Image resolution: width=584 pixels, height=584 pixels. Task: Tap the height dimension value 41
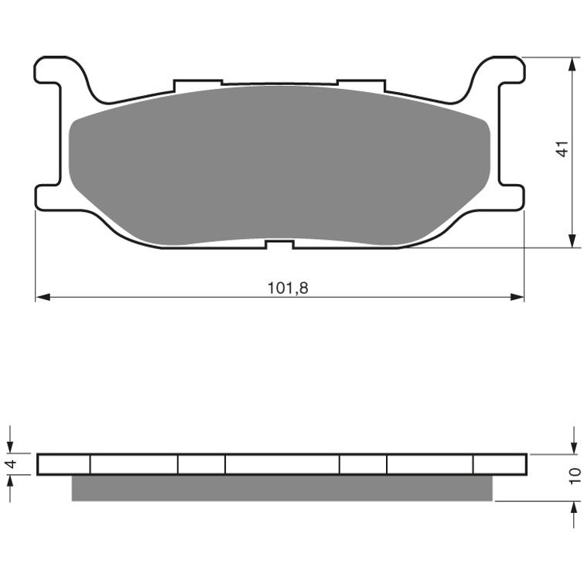coord(564,149)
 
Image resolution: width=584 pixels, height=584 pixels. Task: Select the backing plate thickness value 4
coord(10,464)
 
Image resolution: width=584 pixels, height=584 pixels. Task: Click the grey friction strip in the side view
coord(282,488)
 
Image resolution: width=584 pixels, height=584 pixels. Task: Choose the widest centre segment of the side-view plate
coord(282,464)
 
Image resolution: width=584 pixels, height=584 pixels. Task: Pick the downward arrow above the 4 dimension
coord(10,446)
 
